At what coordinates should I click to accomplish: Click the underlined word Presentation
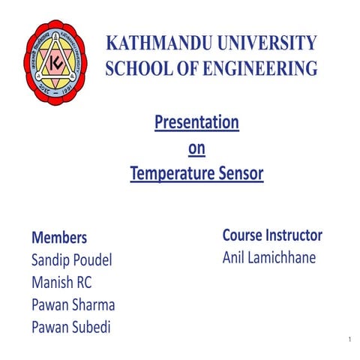point(196,121)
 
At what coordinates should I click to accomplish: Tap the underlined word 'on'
point(196,148)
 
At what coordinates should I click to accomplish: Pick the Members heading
point(59,238)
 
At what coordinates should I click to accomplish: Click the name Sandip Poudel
point(72,261)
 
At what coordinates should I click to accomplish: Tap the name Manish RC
point(61,283)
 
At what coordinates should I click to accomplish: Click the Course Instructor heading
point(272,235)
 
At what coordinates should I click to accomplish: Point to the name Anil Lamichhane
point(269,257)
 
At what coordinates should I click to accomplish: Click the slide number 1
point(349,341)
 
